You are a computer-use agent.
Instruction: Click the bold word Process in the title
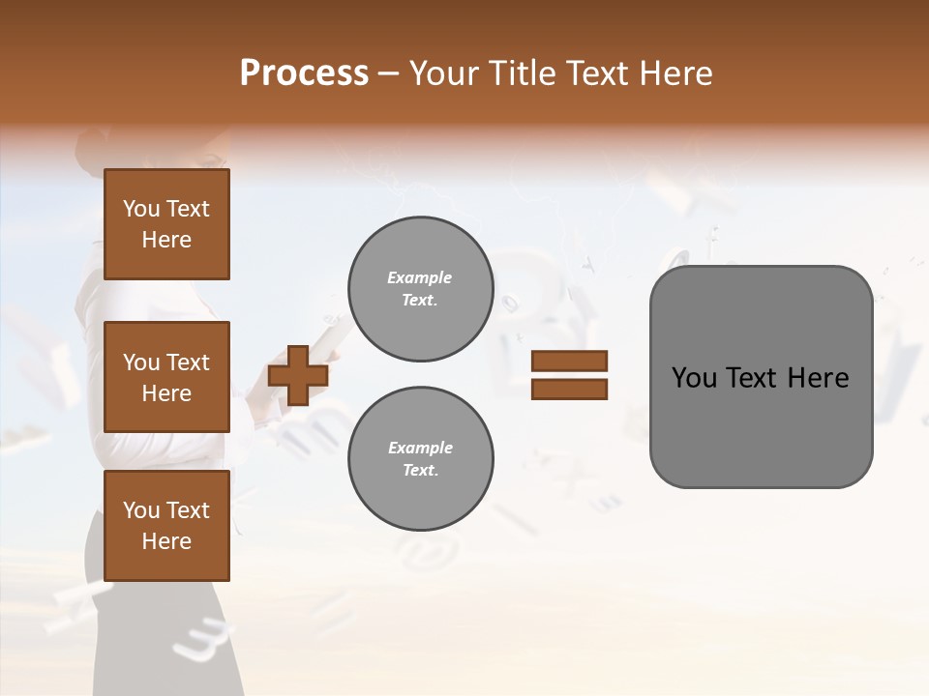[304, 73]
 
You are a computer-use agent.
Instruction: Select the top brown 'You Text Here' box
[166, 224]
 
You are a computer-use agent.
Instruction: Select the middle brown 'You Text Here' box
[166, 377]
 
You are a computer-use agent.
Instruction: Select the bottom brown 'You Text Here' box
[166, 526]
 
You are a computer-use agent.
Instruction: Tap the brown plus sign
[298, 375]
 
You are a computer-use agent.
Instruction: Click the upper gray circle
[420, 289]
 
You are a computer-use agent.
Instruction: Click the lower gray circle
[420, 459]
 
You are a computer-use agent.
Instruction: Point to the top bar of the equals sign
[569, 361]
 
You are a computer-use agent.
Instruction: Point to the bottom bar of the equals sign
[569, 390]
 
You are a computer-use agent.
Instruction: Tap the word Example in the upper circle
[419, 277]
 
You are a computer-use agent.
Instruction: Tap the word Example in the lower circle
[419, 448]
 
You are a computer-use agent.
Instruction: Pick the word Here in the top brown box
[166, 240]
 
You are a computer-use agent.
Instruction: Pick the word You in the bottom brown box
[141, 510]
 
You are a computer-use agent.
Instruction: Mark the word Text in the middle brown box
[187, 362]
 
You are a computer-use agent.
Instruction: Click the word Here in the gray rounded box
[818, 378]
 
